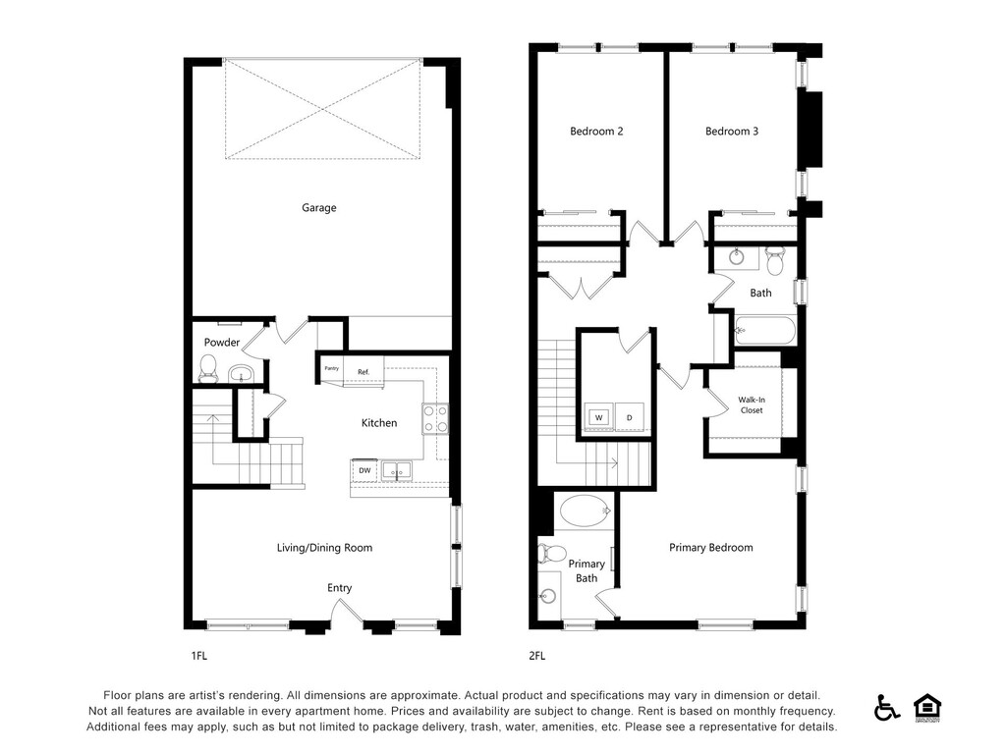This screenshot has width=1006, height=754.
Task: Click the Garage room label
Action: click(x=319, y=208)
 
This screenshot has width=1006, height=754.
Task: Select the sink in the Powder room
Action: click(x=242, y=373)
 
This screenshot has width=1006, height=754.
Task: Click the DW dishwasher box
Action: click(x=364, y=470)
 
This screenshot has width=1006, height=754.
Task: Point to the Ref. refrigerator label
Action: click(x=363, y=372)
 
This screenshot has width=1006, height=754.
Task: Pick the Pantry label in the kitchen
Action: click(x=332, y=368)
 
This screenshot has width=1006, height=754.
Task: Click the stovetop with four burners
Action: click(x=435, y=418)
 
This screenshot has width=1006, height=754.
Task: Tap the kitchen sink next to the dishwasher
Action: click(x=397, y=470)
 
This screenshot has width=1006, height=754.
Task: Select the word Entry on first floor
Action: click(x=339, y=588)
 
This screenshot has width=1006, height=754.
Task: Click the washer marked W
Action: click(x=598, y=416)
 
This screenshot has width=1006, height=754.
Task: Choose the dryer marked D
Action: click(x=630, y=416)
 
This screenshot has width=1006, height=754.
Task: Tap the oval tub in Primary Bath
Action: click(x=584, y=511)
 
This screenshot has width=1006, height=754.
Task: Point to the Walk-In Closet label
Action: click(x=752, y=405)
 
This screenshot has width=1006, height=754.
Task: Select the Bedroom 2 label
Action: click(x=596, y=132)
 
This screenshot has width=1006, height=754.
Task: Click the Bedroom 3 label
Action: click(x=732, y=132)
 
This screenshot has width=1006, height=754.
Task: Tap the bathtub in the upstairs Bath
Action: click(x=764, y=331)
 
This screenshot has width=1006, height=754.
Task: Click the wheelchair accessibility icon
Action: click(x=887, y=708)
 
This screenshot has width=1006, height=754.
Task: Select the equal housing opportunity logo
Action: click(x=927, y=708)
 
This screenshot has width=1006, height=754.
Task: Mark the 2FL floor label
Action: click(x=537, y=656)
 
